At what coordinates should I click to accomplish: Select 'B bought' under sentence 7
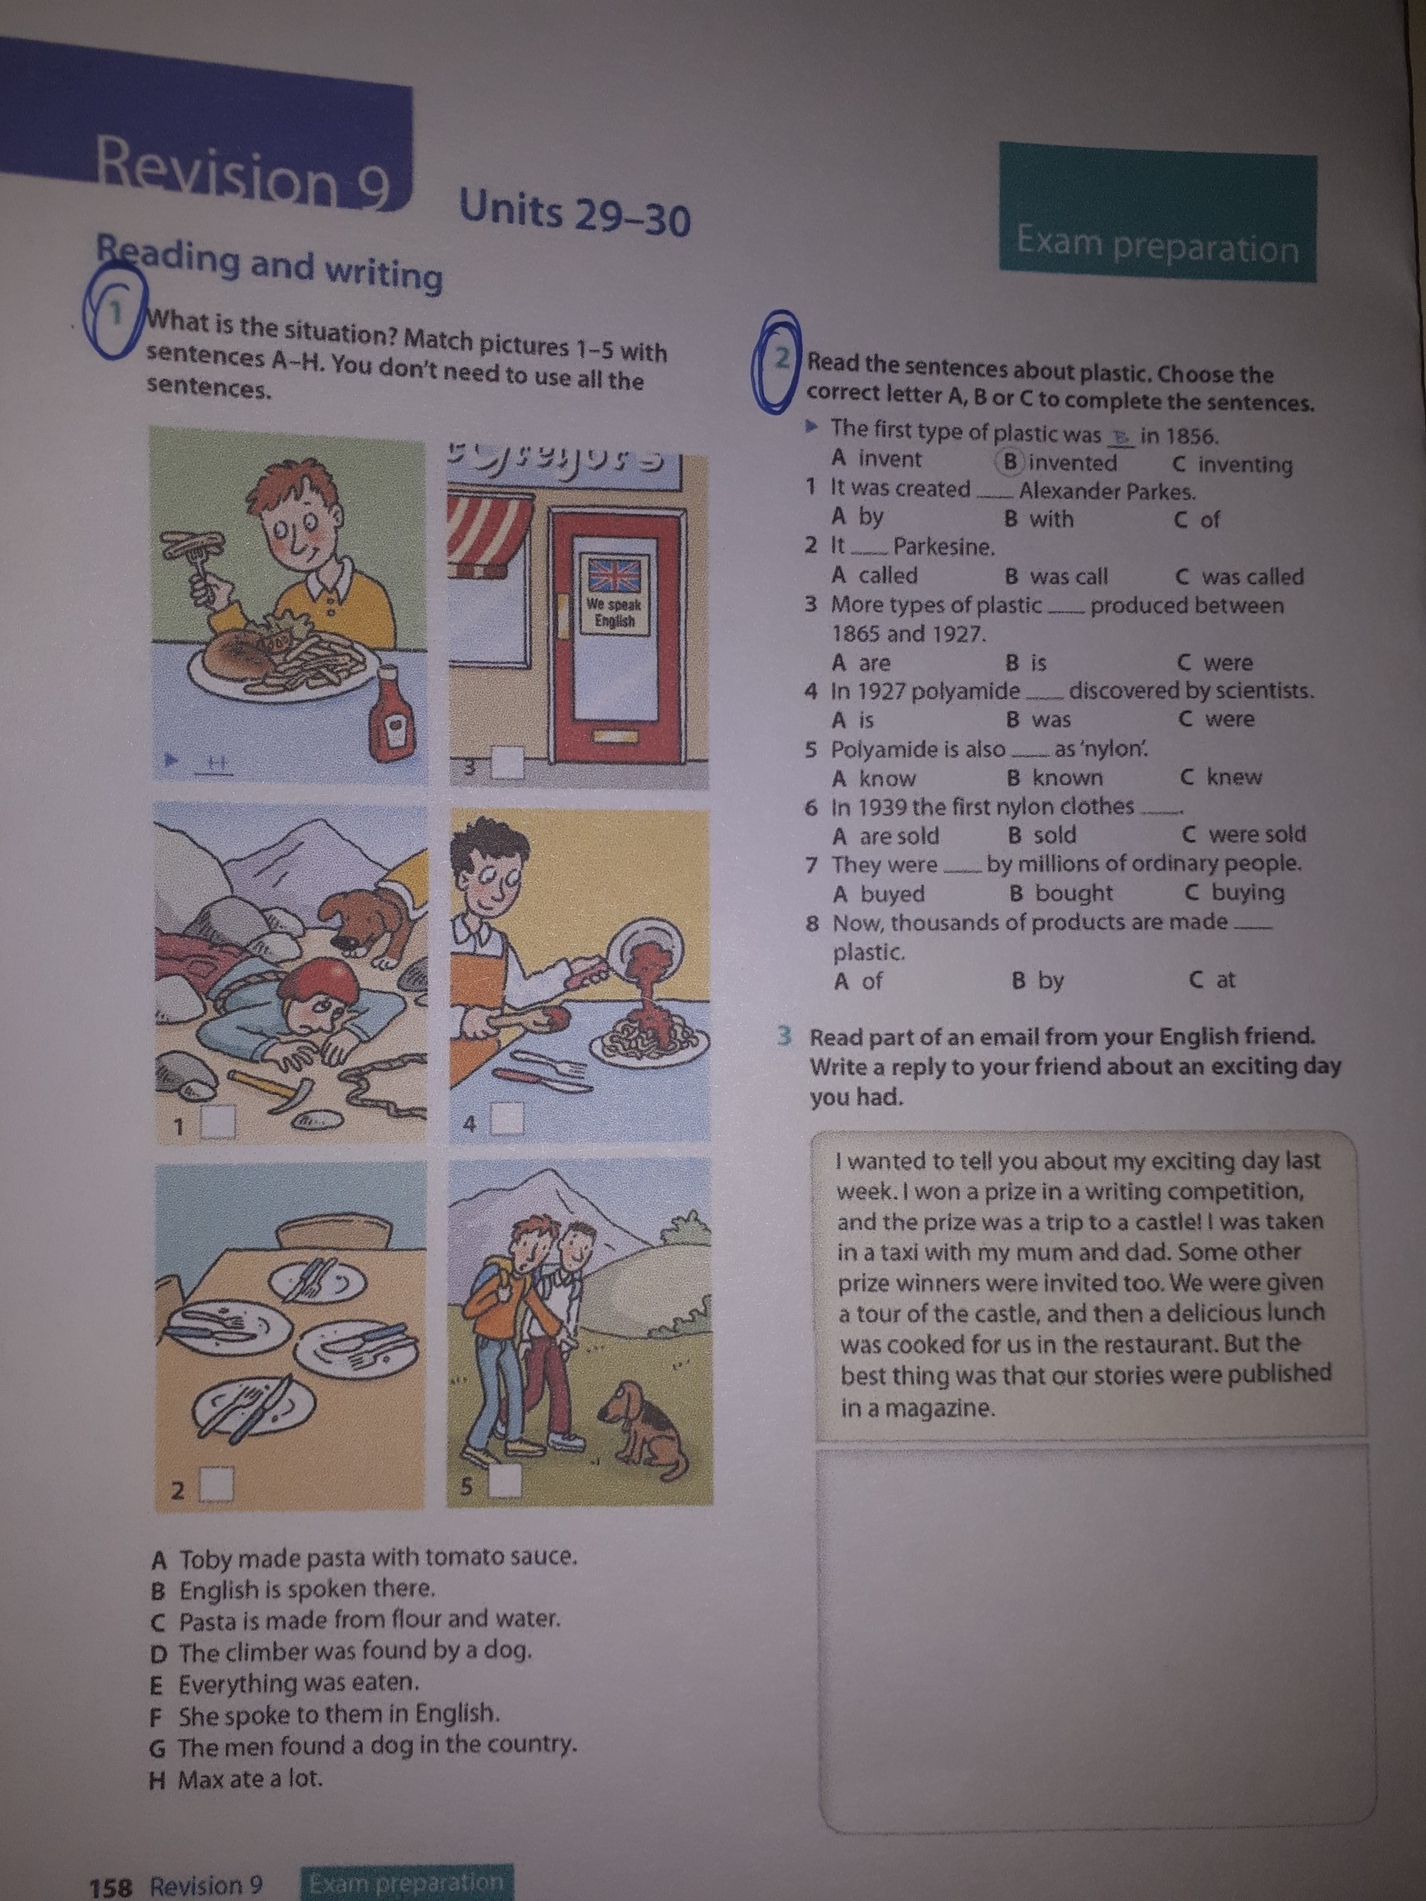click(x=1061, y=893)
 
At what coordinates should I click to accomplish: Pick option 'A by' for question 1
click(x=857, y=517)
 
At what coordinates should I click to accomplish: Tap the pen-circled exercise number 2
click(x=777, y=361)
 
